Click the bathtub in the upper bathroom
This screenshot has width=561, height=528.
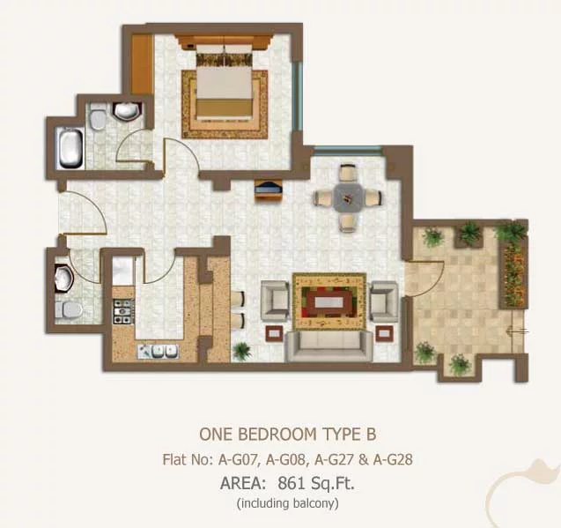[x=70, y=148]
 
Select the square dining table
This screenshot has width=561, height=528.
[x=347, y=197]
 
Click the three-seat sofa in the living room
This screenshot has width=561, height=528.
[x=328, y=346]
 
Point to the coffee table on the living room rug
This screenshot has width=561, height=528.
[x=329, y=302]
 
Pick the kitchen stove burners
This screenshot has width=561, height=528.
[x=124, y=312]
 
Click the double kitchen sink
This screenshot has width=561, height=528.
[x=159, y=351]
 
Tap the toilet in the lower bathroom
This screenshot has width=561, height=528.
[x=69, y=310]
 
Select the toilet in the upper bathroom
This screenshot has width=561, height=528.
[x=97, y=117]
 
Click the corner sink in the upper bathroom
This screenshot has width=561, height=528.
[x=126, y=111]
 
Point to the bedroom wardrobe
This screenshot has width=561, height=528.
[x=142, y=64]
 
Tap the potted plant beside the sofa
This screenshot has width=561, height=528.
[x=241, y=350]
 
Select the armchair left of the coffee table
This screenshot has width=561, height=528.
[x=275, y=301]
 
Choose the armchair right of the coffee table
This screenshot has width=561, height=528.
[x=384, y=301]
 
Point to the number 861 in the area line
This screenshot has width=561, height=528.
[x=291, y=484]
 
